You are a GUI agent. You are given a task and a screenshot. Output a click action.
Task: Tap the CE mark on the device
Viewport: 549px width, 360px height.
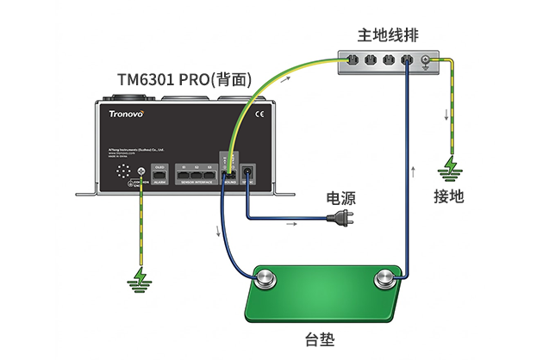pos(264,112)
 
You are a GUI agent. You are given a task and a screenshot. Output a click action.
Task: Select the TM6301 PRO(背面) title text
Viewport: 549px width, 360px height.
pos(184,80)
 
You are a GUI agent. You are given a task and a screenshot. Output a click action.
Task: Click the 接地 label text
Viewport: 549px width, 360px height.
pos(449,196)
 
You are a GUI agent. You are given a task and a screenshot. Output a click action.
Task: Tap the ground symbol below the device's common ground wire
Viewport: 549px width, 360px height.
pos(138,277)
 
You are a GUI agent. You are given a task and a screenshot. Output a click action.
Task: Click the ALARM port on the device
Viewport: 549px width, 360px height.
pos(159,173)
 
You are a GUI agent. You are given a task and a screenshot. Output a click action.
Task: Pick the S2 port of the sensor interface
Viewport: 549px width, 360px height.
pos(197,174)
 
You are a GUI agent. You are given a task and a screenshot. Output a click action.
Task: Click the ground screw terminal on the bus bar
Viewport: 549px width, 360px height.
pos(425,61)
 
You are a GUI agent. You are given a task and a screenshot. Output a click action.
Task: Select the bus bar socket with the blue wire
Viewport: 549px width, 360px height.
pos(406,61)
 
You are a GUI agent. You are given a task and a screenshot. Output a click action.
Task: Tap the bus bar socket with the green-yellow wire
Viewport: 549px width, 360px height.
pos(351,61)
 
